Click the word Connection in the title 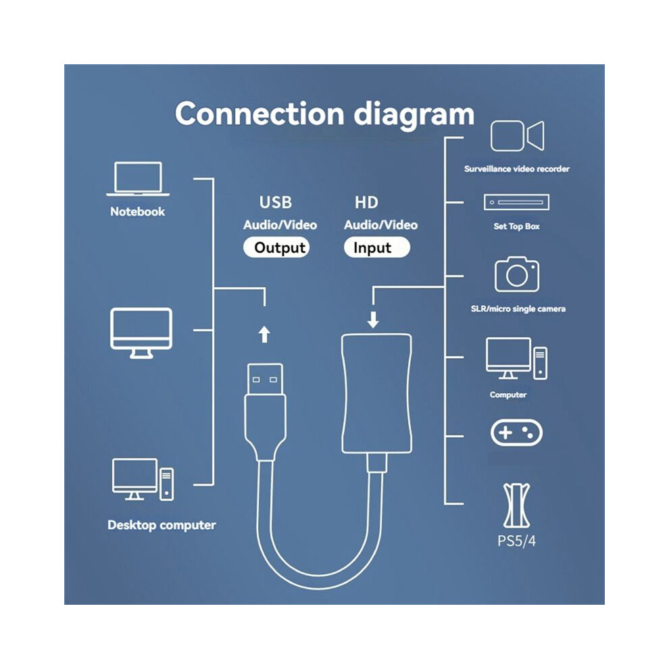[x=259, y=114]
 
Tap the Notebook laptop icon [x=138, y=179]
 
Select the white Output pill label [x=276, y=247]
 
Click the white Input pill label [x=377, y=247]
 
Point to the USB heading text [x=276, y=202]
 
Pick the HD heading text [x=366, y=202]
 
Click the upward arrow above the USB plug [x=264, y=334]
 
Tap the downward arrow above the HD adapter [x=373, y=320]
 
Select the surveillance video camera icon [x=517, y=136]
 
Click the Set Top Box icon [x=517, y=202]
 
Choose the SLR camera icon [x=517, y=274]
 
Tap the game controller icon [x=516, y=432]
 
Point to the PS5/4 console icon [x=517, y=505]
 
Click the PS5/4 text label [x=516, y=541]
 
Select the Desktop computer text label [x=162, y=525]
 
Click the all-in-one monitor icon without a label [x=141, y=332]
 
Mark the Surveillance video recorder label [x=517, y=169]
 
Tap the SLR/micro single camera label [x=518, y=309]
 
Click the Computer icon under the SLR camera [x=517, y=358]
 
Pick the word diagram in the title [x=414, y=114]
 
